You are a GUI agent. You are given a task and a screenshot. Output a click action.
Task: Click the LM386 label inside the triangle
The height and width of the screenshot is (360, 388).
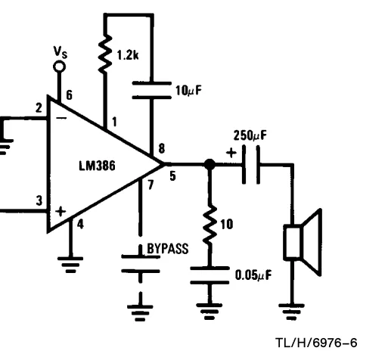click(x=97, y=166)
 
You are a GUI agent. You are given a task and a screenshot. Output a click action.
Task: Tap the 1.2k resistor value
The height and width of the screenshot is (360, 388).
click(x=128, y=54)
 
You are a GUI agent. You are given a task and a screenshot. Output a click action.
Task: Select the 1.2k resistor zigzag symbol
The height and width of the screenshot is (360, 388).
click(x=105, y=54)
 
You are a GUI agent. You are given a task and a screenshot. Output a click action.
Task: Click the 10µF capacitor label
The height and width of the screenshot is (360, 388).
click(x=189, y=91)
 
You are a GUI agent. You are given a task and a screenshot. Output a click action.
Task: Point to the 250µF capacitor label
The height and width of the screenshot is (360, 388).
click(x=250, y=135)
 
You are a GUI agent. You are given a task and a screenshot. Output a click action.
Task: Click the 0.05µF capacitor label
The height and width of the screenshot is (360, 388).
click(x=253, y=275)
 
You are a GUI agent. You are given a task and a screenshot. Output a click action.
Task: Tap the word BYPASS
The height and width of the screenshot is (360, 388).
click(x=168, y=249)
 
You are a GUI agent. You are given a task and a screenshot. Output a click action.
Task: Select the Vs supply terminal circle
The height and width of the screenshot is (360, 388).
click(x=60, y=67)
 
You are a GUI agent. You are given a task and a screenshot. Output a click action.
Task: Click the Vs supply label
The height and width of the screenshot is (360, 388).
click(x=61, y=52)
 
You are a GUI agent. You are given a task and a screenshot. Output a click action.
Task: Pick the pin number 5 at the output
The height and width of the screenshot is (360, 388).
click(x=172, y=176)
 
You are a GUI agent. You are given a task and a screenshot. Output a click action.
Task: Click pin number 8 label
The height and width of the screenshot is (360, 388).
click(x=162, y=148)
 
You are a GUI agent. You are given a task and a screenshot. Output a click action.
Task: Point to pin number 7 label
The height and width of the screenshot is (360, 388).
click(x=151, y=185)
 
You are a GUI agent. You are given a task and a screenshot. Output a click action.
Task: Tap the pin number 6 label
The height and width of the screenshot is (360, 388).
click(x=69, y=95)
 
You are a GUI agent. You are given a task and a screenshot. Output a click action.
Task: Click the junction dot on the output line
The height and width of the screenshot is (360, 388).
click(x=210, y=165)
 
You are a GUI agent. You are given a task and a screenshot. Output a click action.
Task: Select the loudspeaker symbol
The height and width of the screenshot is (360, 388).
click(x=303, y=242)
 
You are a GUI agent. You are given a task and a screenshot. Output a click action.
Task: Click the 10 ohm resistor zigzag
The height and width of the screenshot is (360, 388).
click(x=210, y=225)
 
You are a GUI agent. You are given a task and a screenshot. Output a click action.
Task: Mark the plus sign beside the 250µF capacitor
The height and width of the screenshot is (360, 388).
click(x=231, y=153)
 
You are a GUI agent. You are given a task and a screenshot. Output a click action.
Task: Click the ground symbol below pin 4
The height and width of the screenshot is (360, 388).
click(x=70, y=265)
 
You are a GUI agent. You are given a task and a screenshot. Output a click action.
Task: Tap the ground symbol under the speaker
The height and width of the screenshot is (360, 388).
click(x=291, y=312)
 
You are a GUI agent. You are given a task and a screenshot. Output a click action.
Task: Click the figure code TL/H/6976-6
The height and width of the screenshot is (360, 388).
click(x=316, y=343)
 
